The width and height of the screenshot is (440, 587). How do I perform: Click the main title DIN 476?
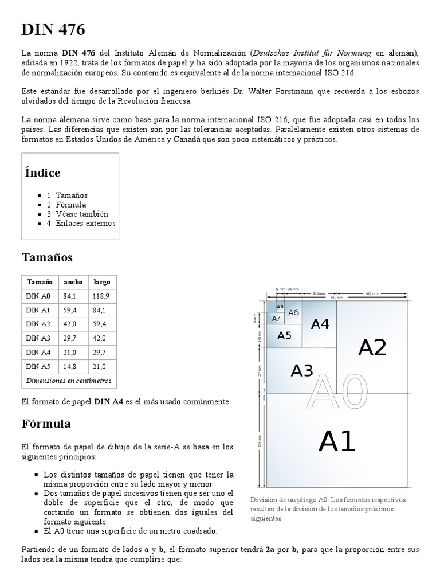[53, 30]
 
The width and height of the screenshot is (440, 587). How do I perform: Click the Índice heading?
[43, 173]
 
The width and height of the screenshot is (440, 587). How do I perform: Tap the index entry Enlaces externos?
[85, 223]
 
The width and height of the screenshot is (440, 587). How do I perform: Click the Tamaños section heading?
[47, 257]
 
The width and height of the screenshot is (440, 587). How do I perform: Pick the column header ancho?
[73, 282]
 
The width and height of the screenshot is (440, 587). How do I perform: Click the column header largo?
[101, 282]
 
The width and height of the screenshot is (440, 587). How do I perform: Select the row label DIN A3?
[38, 338]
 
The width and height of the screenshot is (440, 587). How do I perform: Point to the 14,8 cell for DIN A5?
[70, 366]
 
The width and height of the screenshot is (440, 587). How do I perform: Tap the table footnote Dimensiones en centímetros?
[69, 381]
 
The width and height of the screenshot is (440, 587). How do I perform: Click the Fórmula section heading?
[46, 424]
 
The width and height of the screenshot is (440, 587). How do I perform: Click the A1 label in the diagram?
[337, 441]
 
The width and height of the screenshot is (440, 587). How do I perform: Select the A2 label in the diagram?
[372, 347]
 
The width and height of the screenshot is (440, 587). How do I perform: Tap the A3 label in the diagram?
[302, 371]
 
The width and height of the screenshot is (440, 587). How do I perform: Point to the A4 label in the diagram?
[320, 324]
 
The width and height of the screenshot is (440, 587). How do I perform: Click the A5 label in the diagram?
[284, 336]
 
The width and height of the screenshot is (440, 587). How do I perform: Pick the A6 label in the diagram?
[293, 312]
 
